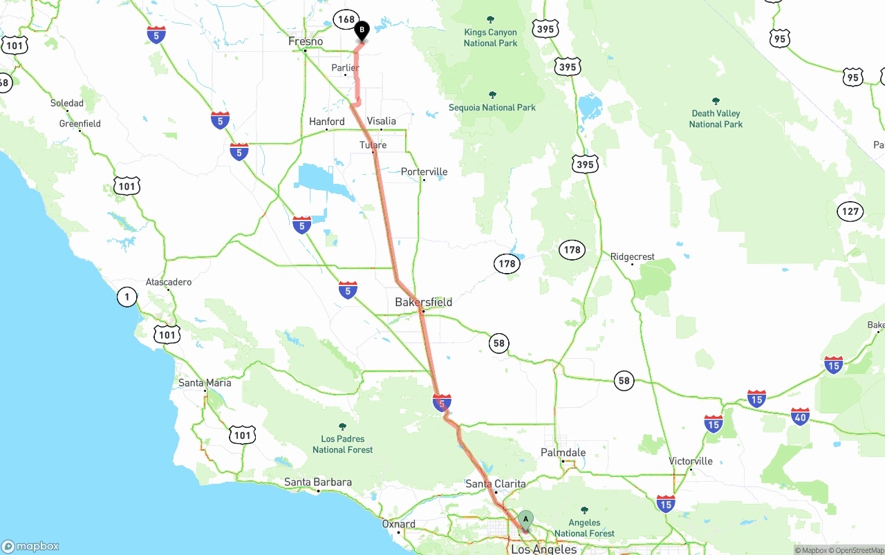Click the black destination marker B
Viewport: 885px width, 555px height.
[362, 31]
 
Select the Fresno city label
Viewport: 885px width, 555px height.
[306, 41]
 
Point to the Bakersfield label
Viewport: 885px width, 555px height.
[423, 302]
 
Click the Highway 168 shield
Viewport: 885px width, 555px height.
[345, 19]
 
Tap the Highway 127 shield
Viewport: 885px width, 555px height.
[850, 211]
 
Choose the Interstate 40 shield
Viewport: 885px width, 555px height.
[800, 416]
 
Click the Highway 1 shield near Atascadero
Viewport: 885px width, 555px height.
[127, 297]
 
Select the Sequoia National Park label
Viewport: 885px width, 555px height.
[492, 107]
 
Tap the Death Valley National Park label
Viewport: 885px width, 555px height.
[716, 119]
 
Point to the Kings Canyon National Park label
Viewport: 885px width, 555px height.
[490, 37]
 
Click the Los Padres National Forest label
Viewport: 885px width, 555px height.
[342, 444]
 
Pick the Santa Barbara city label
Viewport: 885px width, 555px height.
[318, 482]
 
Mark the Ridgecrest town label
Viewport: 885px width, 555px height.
[632, 256]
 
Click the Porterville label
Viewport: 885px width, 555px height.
[425, 171]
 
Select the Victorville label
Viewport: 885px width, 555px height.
[691, 461]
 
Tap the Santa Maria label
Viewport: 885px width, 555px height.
[205, 383]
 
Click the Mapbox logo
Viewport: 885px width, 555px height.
[30, 546]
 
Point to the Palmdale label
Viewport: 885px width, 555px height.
[563, 453]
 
